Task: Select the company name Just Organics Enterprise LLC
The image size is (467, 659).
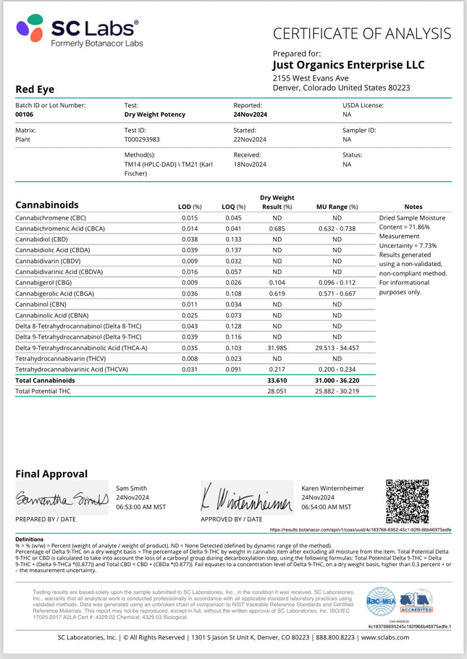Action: click(x=348, y=65)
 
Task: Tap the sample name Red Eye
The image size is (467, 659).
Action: click(x=35, y=89)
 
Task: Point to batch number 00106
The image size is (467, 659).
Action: click(x=25, y=115)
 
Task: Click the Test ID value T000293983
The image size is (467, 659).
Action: click(x=142, y=139)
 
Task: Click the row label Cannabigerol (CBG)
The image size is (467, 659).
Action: click(x=44, y=283)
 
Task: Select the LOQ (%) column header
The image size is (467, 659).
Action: click(x=232, y=207)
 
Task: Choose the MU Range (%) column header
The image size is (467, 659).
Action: click(x=337, y=207)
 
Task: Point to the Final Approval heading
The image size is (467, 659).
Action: click(x=51, y=473)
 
